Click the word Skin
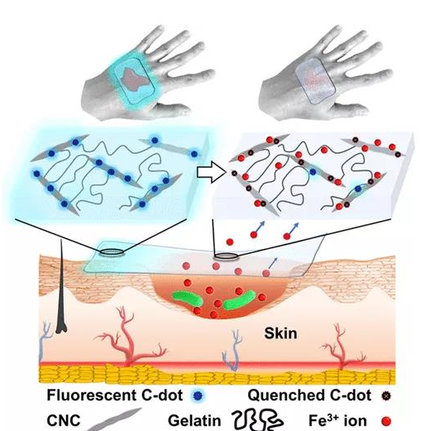(x=280, y=333)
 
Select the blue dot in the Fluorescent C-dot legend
(x=197, y=396)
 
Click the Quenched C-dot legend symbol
(x=386, y=396)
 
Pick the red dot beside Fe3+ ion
(x=386, y=421)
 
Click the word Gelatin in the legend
(x=194, y=421)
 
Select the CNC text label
(x=64, y=421)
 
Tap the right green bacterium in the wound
(x=239, y=300)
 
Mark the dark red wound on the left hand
(x=135, y=79)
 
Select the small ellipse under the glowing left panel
(x=112, y=252)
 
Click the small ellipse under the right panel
(x=227, y=256)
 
